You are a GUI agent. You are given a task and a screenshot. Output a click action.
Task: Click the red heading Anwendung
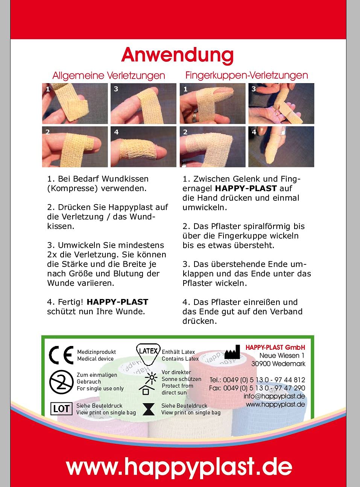[x=178, y=55]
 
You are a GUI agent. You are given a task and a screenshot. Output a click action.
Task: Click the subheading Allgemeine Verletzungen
[x=109, y=76]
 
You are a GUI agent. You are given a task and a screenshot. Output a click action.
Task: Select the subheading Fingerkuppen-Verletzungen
[x=246, y=75]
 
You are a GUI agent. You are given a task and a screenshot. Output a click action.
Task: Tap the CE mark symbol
[x=61, y=355]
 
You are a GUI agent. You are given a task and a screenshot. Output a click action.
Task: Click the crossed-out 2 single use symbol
[x=61, y=382]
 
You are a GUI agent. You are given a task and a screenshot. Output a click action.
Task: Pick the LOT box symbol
[x=61, y=409]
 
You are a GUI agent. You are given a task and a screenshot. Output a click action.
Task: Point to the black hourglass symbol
[x=149, y=409]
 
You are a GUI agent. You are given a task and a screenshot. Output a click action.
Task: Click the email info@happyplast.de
[x=274, y=396]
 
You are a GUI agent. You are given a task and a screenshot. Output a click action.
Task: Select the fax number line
[x=257, y=388]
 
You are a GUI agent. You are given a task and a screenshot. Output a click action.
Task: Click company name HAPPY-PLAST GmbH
[x=275, y=347]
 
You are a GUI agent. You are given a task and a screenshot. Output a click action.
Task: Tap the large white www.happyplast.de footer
[x=179, y=467]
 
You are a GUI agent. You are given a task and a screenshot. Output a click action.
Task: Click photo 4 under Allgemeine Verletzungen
[x=143, y=147]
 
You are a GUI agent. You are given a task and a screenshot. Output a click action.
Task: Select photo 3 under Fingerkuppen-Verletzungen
[x=281, y=104]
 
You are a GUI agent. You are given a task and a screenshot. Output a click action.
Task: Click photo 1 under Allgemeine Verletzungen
[x=75, y=104]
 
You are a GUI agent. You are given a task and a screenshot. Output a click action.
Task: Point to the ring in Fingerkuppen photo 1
[x=194, y=117]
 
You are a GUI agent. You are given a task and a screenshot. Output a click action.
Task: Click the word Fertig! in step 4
[x=71, y=302]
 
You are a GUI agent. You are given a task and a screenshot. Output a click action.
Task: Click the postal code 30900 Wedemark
[x=278, y=364]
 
